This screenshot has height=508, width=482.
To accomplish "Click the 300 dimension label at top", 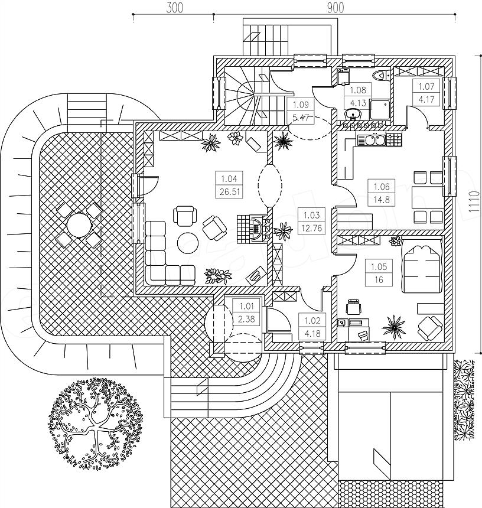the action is [175, 8].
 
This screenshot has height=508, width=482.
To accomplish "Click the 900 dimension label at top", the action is [335, 8].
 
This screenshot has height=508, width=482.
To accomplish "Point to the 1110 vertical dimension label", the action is [474, 201].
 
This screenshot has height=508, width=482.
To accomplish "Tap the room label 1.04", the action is [229, 178].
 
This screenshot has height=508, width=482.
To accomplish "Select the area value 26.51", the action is [229, 192].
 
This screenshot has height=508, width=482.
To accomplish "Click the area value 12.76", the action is [312, 228].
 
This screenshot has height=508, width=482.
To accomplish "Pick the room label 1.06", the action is [382, 187].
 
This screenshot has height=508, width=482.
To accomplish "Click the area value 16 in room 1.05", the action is [379, 279].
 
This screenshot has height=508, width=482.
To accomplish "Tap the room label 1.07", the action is [426, 86].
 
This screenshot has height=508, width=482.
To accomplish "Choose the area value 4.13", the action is [358, 103].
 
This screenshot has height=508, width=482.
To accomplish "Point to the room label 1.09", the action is [301, 105].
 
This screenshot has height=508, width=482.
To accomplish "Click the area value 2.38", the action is [246, 319].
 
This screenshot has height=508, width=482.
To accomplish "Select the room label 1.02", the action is [312, 321].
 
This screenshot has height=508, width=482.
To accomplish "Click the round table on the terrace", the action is [79, 224].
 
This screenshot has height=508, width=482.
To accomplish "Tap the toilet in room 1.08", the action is [380, 76].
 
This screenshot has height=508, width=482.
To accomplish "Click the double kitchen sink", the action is [371, 140].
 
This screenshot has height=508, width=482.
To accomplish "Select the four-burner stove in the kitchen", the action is [394, 140].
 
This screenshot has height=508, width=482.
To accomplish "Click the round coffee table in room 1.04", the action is [188, 243].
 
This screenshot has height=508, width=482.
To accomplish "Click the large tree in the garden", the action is [96, 424].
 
